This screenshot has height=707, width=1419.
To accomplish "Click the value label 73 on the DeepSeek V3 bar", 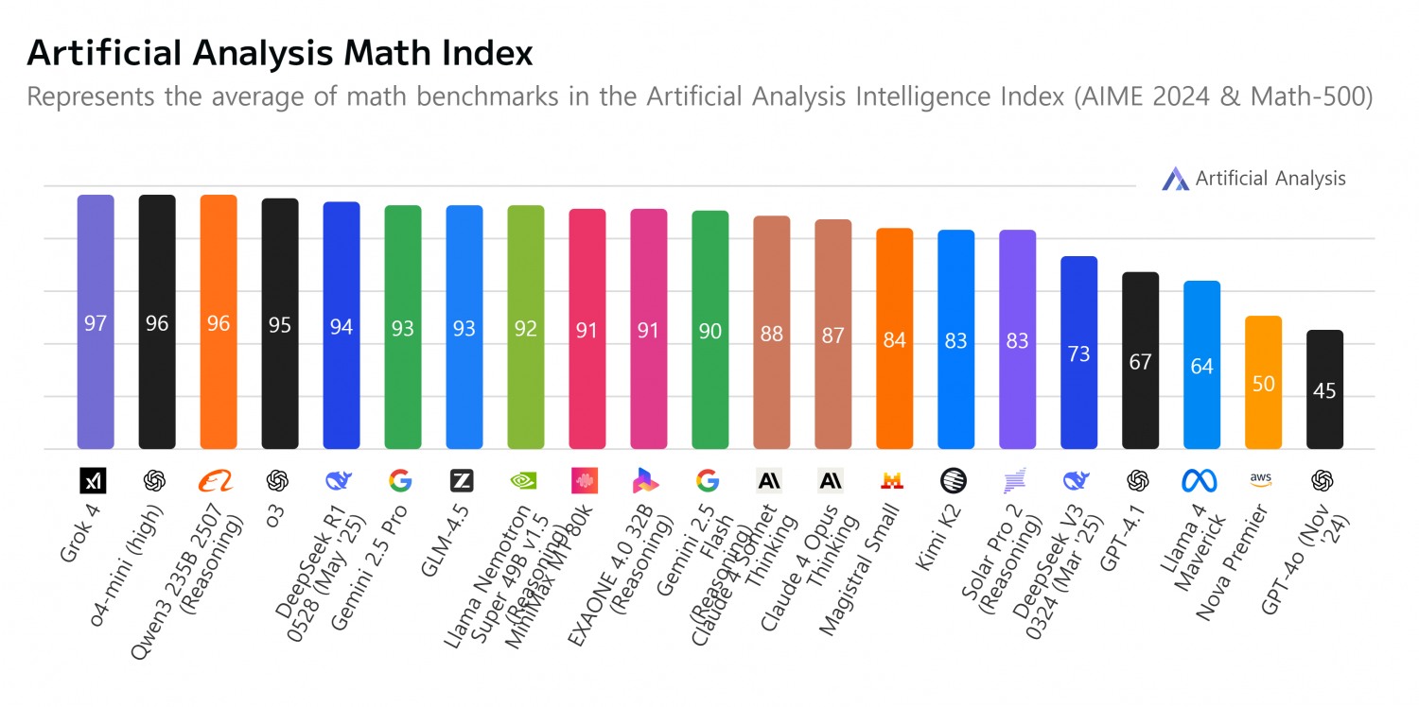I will [1078, 353].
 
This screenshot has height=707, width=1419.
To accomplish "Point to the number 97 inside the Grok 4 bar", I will [96, 323].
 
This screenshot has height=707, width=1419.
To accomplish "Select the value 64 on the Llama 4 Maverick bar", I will [1201, 366].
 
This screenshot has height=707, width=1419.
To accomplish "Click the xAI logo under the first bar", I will [94, 481].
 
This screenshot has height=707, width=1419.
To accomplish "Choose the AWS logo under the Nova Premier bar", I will [1260, 479].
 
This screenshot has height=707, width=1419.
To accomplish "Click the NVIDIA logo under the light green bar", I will [524, 481].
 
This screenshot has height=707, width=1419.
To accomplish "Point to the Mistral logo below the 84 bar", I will [891, 481].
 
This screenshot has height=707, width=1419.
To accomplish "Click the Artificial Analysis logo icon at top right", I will [1175, 179].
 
